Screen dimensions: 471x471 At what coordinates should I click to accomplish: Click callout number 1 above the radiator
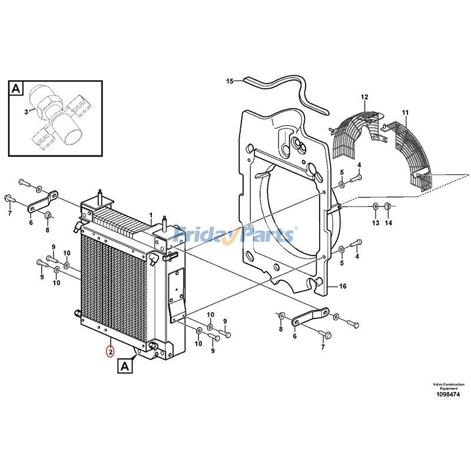pyautogui.click(x=150, y=215)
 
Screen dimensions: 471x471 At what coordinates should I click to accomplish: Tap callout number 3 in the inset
pyautogui.click(x=26, y=111)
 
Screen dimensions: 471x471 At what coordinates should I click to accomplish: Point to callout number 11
pyautogui.click(x=404, y=112)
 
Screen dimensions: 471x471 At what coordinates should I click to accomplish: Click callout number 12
pyautogui.click(x=364, y=97)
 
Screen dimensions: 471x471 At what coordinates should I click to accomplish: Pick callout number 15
pyautogui.click(x=230, y=80)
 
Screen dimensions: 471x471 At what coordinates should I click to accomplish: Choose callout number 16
pyautogui.click(x=343, y=287)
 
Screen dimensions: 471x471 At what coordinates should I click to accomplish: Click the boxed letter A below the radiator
pyautogui.click(x=125, y=367)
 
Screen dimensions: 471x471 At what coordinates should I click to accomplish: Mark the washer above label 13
pyautogui.click(x=375, y=205)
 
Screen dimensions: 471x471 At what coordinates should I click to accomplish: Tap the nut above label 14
pyautogui.click(x=387, y=205)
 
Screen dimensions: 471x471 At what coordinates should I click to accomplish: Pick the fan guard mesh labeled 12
pyautogui.click(x=353, y=132)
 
